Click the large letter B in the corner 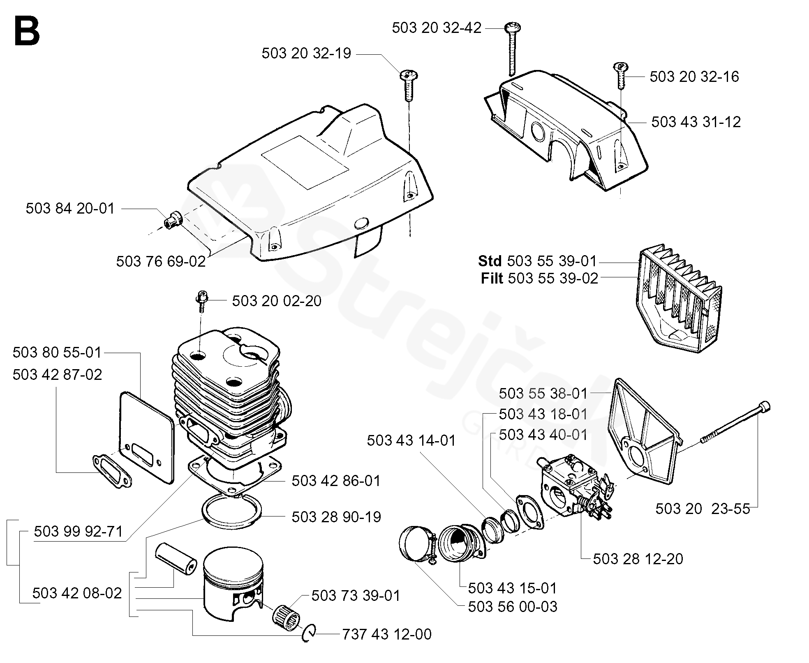[27, 31]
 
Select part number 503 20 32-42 [436, 28]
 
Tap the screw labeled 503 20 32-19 [408, 85]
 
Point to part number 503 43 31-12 [696, 122]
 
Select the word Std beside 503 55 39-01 [490, 261]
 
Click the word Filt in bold [492, 279]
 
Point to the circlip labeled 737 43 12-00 [309, 634]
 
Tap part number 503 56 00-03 [512, 606]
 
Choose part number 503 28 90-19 [336, 517]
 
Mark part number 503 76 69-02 [160, 261]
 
